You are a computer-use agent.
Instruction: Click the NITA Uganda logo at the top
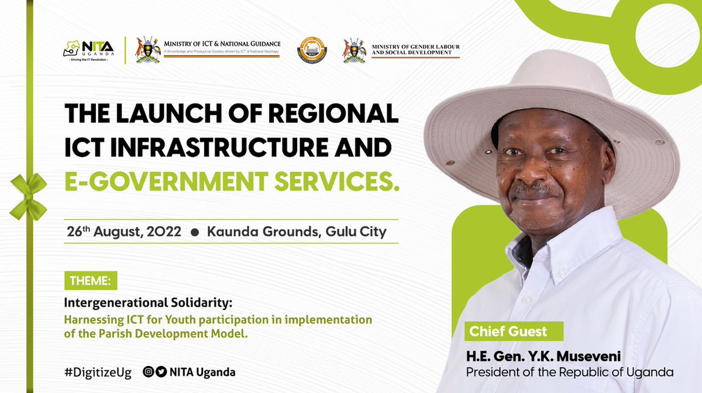point(88,50)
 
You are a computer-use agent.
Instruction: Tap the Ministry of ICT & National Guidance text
point(222,44)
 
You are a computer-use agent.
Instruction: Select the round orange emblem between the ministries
point(312,50)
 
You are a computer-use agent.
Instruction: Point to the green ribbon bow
point(28,196)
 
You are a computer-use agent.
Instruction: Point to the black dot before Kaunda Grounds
point(195,232)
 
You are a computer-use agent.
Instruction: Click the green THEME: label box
point(91,280)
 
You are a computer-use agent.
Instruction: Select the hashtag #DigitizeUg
point(98,372)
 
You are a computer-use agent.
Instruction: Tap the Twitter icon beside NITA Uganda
point(161,372)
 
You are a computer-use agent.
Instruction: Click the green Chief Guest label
point(508,332)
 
